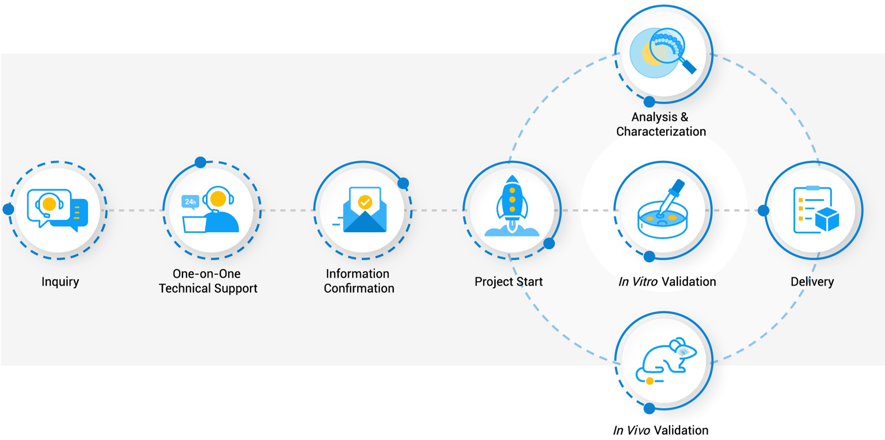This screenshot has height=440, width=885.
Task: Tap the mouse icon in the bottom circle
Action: coord(664,359)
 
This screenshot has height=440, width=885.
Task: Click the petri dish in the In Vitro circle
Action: coord(662,221)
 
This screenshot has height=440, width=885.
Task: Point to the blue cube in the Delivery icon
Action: coord(827,219)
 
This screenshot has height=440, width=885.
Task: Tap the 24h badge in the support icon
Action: coord(190,201)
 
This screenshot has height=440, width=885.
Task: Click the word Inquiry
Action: coord(60,282)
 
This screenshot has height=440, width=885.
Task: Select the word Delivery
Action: coord(812,282)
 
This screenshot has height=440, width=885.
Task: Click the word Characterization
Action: coord(661,132)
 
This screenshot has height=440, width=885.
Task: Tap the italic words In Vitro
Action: coord(638,282)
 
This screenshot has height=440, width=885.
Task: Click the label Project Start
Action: coord(508,282)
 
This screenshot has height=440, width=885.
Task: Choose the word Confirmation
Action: coord(359,289)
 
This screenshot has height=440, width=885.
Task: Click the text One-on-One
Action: coord(206,274)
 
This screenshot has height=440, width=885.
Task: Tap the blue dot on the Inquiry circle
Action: coord(8,209)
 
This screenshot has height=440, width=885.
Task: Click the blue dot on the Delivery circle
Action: coord(763,210)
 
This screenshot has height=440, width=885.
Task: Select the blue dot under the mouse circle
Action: coord(649,408)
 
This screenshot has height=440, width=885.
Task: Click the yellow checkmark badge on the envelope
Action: coord(365,202)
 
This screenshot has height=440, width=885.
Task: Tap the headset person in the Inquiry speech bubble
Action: coord(49,204)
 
